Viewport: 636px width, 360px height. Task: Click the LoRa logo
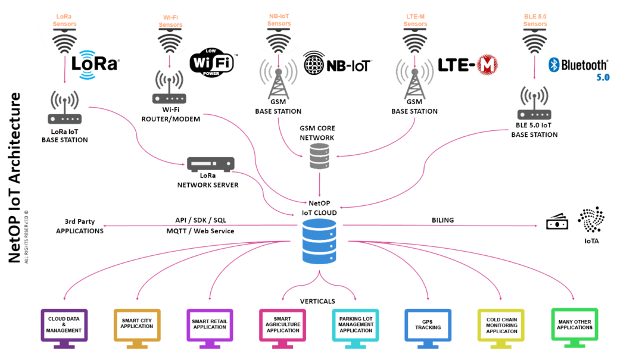[x=96, y=64]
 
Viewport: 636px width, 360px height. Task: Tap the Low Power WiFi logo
[x=213, y=61]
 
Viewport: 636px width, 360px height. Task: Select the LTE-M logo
[x=469, y=65]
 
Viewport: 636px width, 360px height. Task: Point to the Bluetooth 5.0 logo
[x=578, y=66]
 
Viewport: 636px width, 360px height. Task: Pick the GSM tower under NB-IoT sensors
[x=277, y=80]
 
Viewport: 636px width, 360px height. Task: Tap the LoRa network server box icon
[x=211, y=164]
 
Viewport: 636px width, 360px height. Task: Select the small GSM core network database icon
[x=320, y=157]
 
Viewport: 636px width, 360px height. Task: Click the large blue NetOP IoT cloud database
[x=319, y=241]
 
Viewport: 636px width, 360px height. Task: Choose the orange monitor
[x=138, y=325]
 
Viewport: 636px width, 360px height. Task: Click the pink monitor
[x=282, y=325]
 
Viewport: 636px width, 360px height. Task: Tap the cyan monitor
[x=355, y=325]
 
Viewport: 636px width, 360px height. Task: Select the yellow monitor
[x=501, y=325]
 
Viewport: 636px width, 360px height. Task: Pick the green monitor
[x=574, y=324]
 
